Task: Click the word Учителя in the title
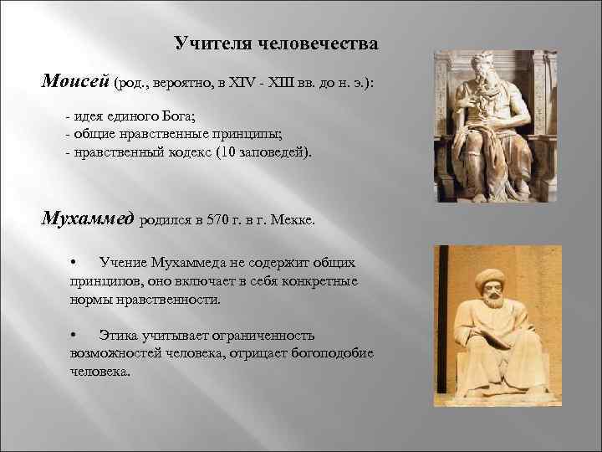coord(205,43)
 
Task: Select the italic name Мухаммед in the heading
coord(88,220)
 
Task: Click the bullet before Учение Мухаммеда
coord(74,263)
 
